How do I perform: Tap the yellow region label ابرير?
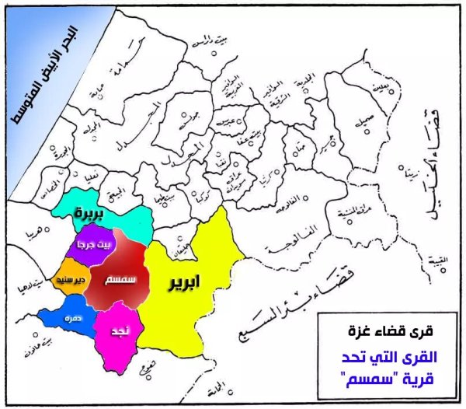[185, 283]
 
